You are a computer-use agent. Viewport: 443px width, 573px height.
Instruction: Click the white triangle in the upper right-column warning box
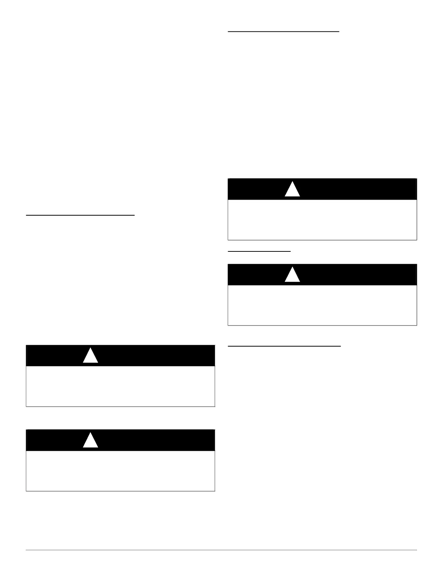tap(292, 190)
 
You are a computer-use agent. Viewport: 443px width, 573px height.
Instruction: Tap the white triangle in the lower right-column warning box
tap(292, 276)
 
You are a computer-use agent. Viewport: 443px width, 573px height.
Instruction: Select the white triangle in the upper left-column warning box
tap(90, 357)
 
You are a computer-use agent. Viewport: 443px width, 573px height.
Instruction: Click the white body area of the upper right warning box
tap(322, 220)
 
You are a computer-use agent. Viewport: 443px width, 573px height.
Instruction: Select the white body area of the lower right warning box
tap(322, 305)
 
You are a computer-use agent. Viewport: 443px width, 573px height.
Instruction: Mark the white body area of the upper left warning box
tap(121, 386)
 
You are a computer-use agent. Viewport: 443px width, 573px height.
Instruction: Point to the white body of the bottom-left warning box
tap(121, 471)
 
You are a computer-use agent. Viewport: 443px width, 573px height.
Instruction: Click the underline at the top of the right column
tap(283, 31)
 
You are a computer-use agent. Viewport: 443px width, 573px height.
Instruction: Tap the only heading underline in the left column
tap(80, 215)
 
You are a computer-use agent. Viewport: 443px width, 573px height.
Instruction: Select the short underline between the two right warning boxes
tap(259, 250)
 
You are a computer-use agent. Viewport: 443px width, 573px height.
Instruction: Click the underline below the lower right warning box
tap(284, 346)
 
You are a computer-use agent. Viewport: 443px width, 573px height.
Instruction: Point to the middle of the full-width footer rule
tap(221, 551)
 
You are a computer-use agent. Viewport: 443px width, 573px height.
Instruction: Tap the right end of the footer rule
tap(416, 551)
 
